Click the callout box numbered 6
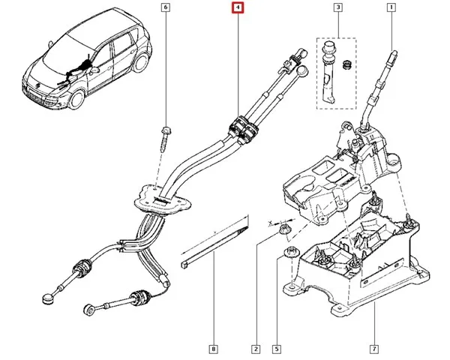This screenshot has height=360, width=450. click(x=166, y=8)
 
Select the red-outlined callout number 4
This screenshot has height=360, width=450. click(x=238, y=8)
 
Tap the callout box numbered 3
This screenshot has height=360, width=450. click(x=337, y=8)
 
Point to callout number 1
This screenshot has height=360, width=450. click(x=391, y=8)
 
